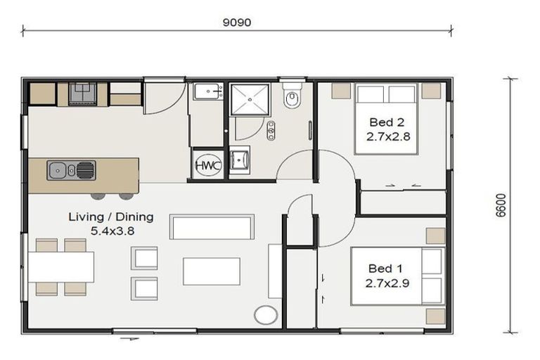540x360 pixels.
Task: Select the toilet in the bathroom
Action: pos(292,97)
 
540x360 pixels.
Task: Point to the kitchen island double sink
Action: pos(71,170)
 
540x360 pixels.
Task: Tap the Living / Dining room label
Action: pos(110,217)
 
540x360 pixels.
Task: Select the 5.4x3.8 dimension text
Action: pos(110,230)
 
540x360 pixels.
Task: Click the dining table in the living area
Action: pos(60,266)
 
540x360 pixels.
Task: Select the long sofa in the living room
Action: pos(212,227)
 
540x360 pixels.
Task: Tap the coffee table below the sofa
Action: pos(211,271)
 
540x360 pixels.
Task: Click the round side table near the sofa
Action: pos(266,314)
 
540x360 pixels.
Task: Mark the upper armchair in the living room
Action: pos(145,258)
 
